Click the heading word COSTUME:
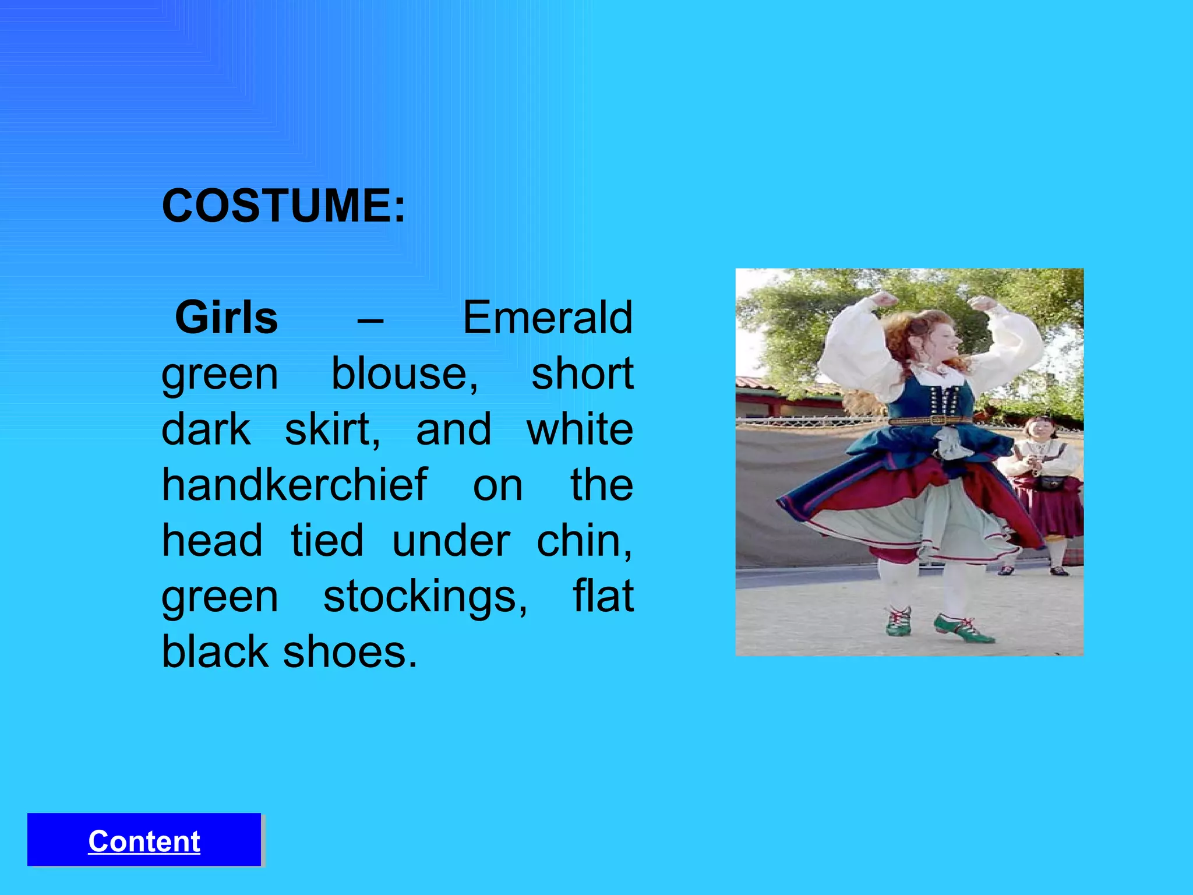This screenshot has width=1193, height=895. tap(283, 206)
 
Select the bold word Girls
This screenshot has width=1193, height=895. tap(227, 318)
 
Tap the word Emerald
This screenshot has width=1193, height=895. tap(548, 318)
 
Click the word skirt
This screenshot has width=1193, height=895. tap(332, 429)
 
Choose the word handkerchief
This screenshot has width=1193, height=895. tap(294, 485)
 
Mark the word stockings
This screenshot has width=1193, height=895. tap(425, 597)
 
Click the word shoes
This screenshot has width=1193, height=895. tap(350, 652)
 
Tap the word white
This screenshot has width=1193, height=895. tap(580, 429)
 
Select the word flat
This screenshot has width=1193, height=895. tap(603, 597)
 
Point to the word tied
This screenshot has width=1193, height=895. tap(327, 541)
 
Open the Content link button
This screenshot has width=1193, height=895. tap(144, 841)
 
